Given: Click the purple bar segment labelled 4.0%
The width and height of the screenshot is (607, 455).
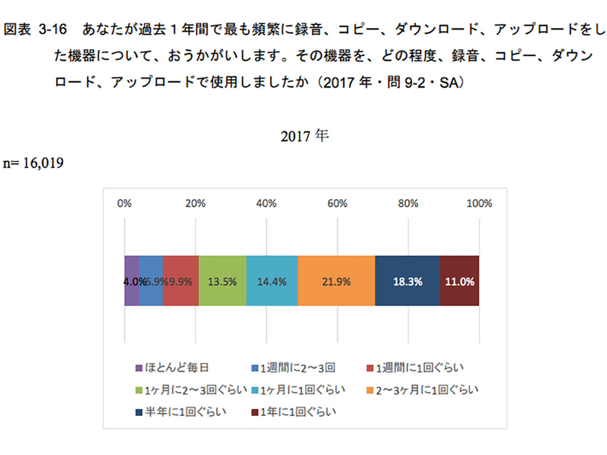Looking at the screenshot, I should pyautogui.click(x=132, y=281).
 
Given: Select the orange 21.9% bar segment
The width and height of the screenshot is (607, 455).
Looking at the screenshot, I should pyautogui.click(x=336, y=281).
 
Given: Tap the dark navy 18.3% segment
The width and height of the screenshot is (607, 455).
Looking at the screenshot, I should pyautogui.click(x=407, y=281).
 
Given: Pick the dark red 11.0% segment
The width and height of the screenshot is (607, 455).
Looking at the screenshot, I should pyautogui.click(x=459, y=281).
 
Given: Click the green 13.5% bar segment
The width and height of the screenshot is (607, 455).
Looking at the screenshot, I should pyautogui.click(x=222, y=281).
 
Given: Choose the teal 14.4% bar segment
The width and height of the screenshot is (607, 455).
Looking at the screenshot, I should pyautogui.click(x=272, y=281).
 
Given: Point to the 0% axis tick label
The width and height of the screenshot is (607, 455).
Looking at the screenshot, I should pyautogui.click(x=124, y=204).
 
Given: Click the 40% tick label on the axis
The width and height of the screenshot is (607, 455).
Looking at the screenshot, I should pyautogui.click(x=266, y=204).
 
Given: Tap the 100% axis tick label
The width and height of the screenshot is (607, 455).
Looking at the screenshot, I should pyautogui.click(x=479, y=204).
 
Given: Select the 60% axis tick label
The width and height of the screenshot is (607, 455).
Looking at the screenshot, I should pyautogui.click(x=337, y=204).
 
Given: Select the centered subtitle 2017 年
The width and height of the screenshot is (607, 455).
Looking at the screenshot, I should pyautogui.click(x=305, y=136).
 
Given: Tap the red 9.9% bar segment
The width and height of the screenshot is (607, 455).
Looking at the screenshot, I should pyautogui.click(x=181, y=281).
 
